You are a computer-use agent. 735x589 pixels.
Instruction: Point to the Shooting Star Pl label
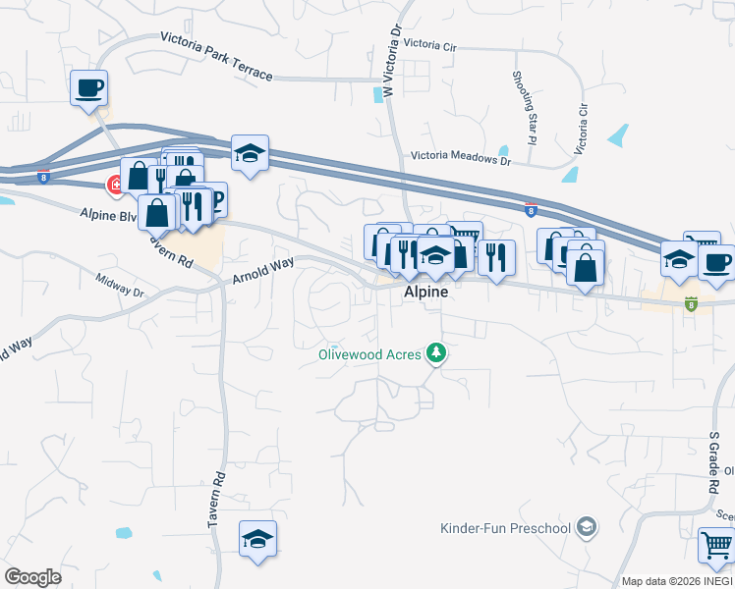coord(524,108)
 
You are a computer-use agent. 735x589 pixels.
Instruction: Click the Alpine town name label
coord(425,293)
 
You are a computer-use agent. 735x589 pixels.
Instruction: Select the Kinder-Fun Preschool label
coord(506,529)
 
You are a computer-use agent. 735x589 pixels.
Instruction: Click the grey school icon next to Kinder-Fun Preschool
coord(587,528)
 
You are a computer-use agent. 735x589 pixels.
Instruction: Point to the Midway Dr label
coord(120,287)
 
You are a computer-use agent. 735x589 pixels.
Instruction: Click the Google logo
coord(32,577)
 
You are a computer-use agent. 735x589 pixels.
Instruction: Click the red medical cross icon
coord(115,184)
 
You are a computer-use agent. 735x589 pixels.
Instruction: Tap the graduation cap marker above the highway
coord(251,152)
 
